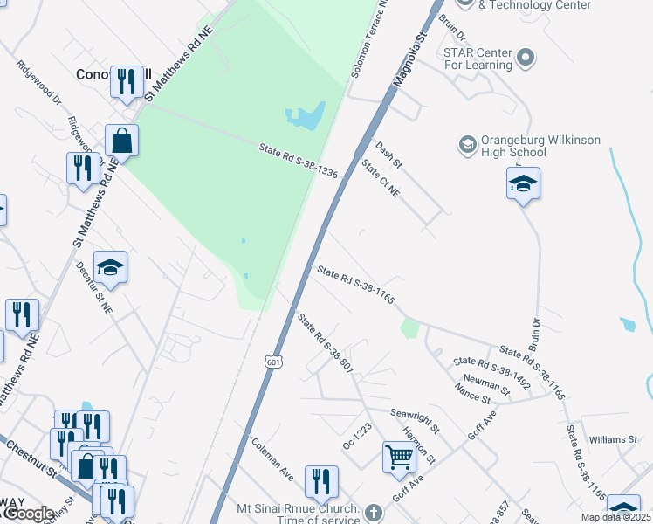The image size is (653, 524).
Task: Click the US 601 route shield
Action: pyautogui.click(x=274, y=362)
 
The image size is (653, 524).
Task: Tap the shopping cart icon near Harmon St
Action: pyautogui.click(x=399, y=455)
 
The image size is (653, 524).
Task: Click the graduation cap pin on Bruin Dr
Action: pyautogui.click(x=523, y=184)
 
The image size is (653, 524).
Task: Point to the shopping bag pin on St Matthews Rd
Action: pyautogui.click(x=121, y=141)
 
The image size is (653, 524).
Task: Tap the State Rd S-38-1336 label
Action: pyautogui.click(x=298, y=162)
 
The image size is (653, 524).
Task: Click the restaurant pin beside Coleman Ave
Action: pyautogui.click(x=321, y=481)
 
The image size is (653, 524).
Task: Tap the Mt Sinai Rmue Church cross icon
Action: pyautogui.click(x=374, y=513)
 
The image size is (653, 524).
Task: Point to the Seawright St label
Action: pyautogui.click(x=415, y=421)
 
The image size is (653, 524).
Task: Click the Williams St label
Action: pyautogui.click(x=613, y=439)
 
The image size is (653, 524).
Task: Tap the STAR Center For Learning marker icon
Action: pyautogui.click(x=526, y=59)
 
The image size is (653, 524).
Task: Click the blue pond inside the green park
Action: pyautogui.click(x=306, y=115)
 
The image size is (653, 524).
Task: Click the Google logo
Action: pyautogui.click(x=28, y=514)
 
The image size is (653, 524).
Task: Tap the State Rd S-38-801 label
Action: pyautogui.click(x=325, y=344)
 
